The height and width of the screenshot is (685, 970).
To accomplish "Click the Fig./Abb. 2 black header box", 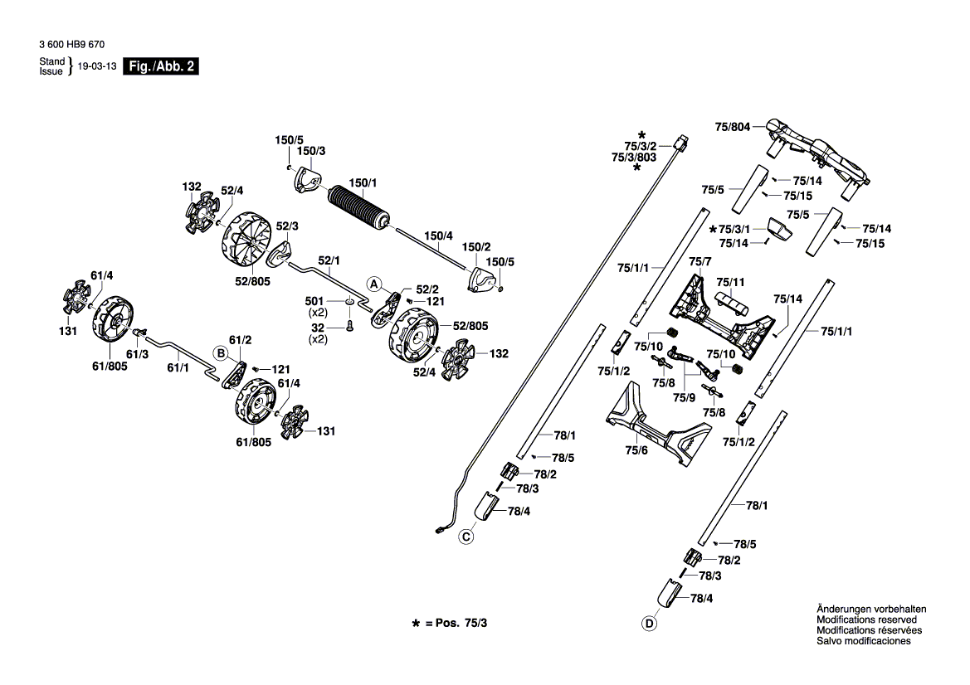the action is click(x=161, y=66).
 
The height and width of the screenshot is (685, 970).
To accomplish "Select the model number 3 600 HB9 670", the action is click(x=71, y=45).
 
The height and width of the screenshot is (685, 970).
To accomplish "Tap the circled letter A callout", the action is click(x=373, y=284).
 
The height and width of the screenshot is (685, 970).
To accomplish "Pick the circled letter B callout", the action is click(x=221, y=353).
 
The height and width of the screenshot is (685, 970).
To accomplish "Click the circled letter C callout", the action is click(x=466, y=537).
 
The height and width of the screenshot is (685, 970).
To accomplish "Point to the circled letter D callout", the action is click(x=649, y=624).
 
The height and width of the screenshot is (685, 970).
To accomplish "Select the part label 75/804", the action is click(x=733, y=127).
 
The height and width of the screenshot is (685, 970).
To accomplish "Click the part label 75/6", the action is click(x=636, y=450).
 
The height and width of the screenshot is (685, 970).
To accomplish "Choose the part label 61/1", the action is click(x=178, y=368).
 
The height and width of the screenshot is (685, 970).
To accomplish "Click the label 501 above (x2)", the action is click(x=314, y=301).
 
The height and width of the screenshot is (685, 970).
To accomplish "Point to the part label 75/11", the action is click(x=730, y=283).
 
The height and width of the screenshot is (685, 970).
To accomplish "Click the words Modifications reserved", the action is click(x=866, y=619).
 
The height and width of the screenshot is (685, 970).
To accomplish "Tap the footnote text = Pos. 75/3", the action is click(x=456, y=623).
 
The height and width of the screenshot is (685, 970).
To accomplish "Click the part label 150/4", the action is click(x=438, y=236).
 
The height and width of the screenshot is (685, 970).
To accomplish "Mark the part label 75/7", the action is click(x=700, y=261).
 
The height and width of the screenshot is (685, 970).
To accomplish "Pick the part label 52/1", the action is click(x=329, y=261).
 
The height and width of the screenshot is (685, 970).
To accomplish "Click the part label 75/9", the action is click(x=685, y=397).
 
